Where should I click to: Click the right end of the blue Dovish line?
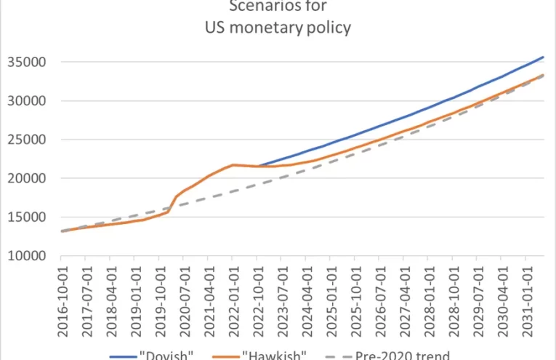click(x=544, y=57)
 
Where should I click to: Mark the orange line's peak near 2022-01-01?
click(x=233, y=165)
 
